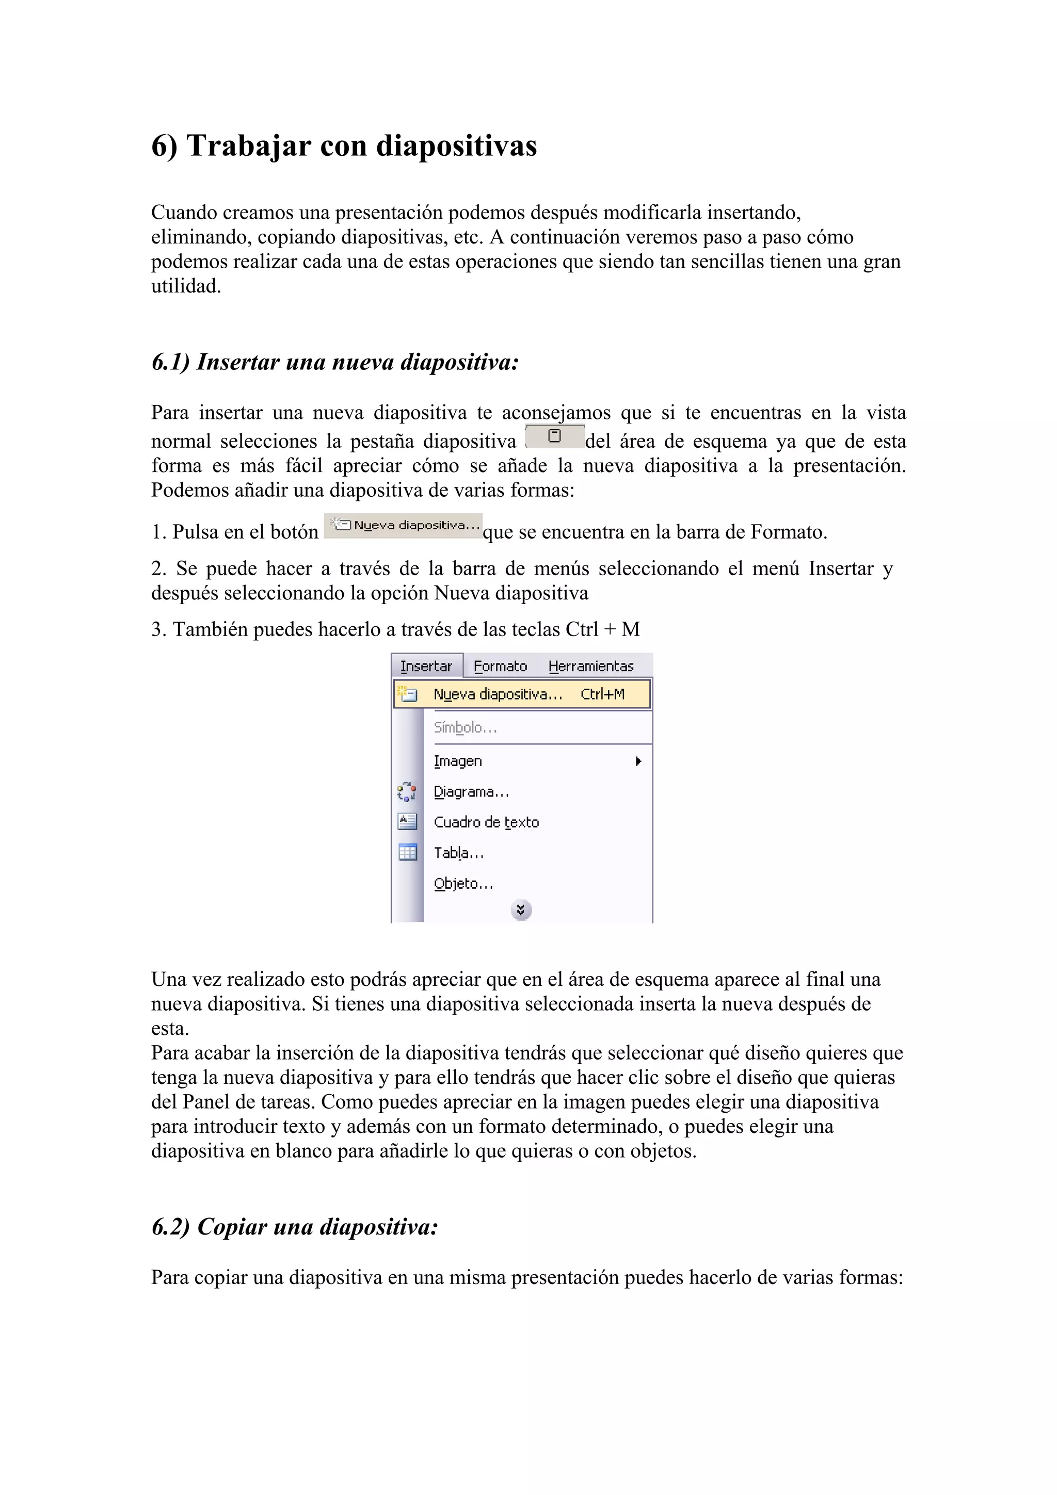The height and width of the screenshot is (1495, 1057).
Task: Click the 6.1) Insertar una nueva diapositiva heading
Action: point(335,362)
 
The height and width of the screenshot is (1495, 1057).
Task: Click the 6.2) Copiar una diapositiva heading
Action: point(294,1227)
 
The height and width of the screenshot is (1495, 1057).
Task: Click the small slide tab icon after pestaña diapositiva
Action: point(554,436)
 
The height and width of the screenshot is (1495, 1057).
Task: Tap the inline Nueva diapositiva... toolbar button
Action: point(403,526)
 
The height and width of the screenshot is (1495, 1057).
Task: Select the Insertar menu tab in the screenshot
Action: point(426,666)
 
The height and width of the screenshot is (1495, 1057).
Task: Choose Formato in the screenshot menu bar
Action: point(500,666)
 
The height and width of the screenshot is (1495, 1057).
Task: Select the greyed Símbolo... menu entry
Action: point(465,727)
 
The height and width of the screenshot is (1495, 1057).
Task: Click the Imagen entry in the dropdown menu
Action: point(458,761)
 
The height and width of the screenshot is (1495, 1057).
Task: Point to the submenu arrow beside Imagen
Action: point(639,761)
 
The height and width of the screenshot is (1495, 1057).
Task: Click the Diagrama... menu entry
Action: point(471,792)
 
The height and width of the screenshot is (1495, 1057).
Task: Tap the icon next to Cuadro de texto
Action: point(407,822)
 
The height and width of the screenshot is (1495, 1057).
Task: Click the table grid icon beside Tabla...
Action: point(407,852)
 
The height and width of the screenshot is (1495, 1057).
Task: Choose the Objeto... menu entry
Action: point(463,884)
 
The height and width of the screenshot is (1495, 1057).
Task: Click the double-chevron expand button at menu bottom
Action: point(521,909)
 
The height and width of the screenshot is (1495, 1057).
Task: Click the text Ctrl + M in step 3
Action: point(602,630)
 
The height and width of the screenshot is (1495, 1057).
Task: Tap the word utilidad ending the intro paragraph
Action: point(186,286)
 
